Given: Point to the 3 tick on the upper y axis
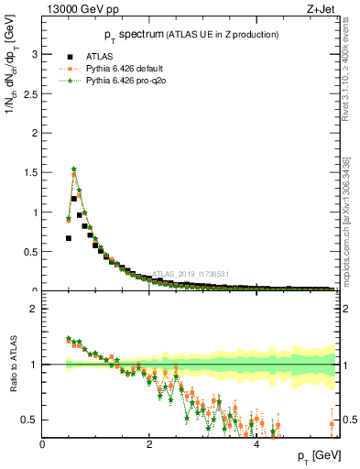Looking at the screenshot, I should pos(35,54).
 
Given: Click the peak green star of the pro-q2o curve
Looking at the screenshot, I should pos(74,169).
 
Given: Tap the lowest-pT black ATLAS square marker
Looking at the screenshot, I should pos(69,238).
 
